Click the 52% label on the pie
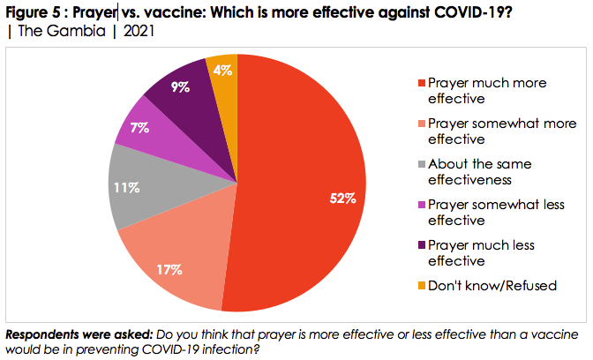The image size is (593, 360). pos(343,199)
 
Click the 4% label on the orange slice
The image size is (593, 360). pos(223,70)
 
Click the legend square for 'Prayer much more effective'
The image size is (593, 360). pos(422,83)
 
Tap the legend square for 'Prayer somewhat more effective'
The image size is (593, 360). pos(422,124)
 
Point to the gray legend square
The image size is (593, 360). pos(422,164)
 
